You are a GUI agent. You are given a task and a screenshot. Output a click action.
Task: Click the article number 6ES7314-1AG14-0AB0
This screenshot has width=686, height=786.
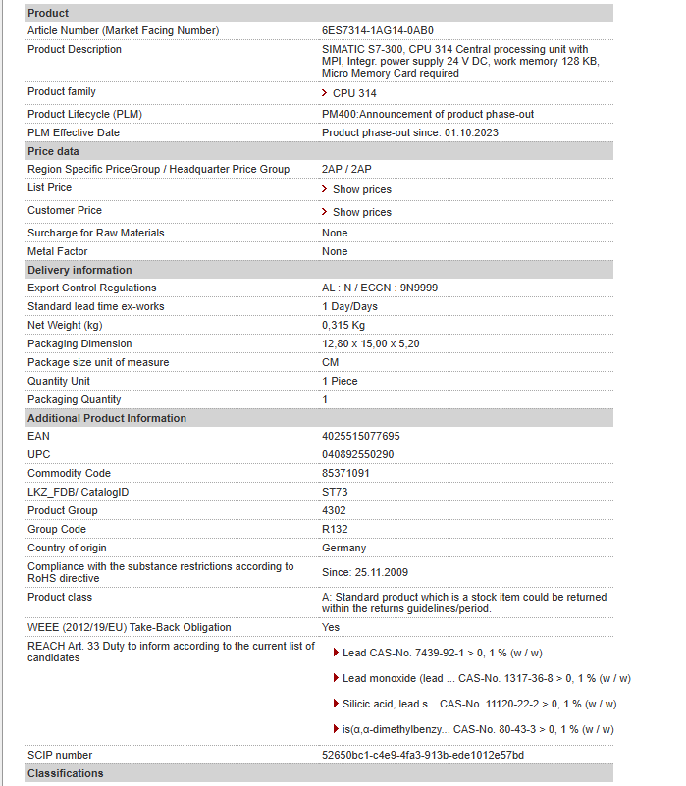pos(378,31)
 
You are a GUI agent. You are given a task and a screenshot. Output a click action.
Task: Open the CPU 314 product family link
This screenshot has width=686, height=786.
pos(353,93)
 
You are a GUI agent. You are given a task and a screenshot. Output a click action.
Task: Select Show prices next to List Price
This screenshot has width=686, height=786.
pos(361,189)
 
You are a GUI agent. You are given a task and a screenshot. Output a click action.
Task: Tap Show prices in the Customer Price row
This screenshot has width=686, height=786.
pos(361,212)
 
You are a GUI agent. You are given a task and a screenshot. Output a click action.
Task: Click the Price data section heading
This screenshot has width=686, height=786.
pos(53,151)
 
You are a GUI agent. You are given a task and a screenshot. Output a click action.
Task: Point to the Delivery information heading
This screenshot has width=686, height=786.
pos(79,270)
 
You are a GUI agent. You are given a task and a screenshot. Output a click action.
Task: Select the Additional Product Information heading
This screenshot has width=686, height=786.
pos(107,418)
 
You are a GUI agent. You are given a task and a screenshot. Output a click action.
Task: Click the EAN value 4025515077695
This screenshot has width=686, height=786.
pos(361,436)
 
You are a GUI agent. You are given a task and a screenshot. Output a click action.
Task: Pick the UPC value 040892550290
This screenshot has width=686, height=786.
pos(357,454)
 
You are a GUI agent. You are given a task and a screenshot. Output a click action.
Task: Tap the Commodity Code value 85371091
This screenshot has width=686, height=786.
pos(345,473)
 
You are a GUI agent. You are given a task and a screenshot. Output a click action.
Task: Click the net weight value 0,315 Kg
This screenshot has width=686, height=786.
pos(343,325)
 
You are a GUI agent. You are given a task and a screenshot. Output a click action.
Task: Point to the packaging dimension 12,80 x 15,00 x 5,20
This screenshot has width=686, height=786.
pos(371,343)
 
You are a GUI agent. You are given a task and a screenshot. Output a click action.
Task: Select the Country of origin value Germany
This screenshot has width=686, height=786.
pos(343,548)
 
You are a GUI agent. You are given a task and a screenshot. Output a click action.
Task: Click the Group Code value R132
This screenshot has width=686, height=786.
pos(336,529)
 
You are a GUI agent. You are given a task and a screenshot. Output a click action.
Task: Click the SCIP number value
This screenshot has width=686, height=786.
pos(423,755)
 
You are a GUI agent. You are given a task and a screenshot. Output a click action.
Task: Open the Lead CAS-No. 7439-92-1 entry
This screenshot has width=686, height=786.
pos(442,653)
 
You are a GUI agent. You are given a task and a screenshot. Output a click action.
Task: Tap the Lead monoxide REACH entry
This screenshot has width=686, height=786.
pos(486,678)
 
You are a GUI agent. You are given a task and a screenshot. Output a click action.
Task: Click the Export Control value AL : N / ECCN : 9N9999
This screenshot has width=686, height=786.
pos(380,288)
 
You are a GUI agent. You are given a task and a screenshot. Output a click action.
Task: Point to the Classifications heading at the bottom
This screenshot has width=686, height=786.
pos(65,773)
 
